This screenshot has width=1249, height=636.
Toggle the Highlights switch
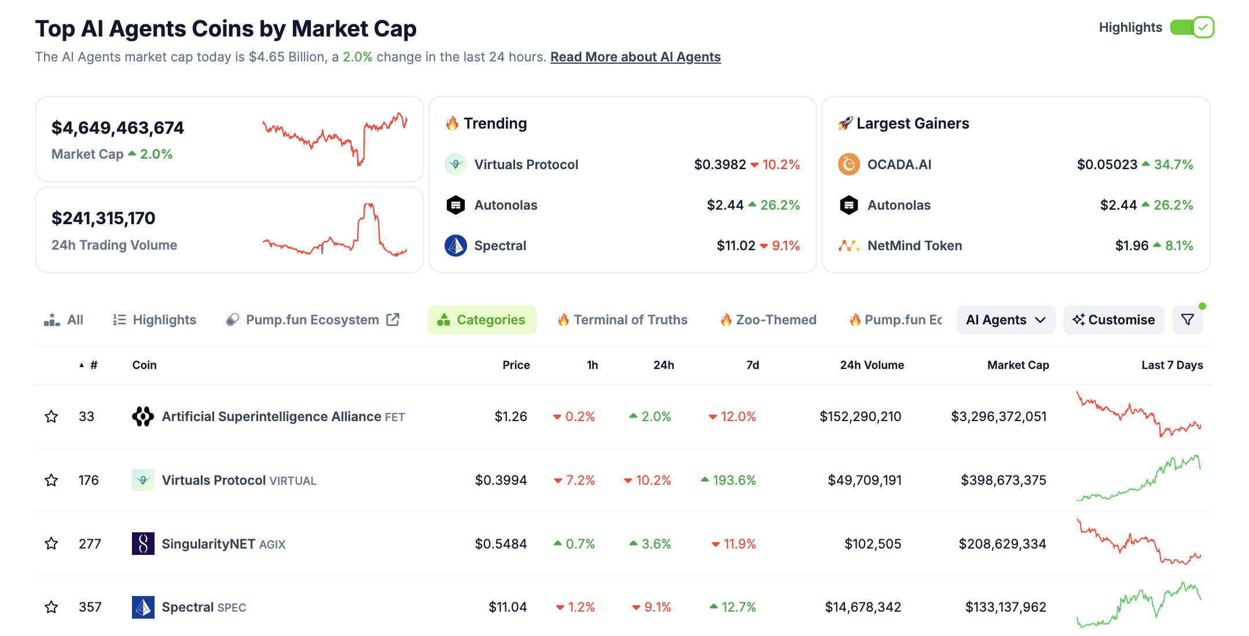[1192, 27]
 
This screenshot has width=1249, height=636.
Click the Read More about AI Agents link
[635, 57]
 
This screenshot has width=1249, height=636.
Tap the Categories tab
[482, 320]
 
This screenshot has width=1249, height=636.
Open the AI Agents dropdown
[1005, 320]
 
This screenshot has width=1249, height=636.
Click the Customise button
[1113, 320]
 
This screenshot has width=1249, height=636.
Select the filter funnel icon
[1187, 320]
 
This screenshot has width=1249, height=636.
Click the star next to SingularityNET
[52, 543]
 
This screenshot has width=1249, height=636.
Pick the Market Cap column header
[1017, 365]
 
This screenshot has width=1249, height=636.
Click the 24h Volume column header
[872, 365]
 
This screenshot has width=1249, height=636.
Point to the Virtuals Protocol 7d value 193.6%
[734, 480]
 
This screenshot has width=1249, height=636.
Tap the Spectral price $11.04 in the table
[508, 607]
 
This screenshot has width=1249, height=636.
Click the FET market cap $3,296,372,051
[998, 416]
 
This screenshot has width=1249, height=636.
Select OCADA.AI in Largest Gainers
[899, 165]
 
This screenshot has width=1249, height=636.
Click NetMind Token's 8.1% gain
[1178, 246]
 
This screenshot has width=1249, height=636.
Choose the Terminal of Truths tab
[630, 320]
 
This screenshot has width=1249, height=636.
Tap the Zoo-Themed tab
[776, 320]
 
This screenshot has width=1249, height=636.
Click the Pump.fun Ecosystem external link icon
[393, 320]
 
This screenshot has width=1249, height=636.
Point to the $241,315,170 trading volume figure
[104, 218]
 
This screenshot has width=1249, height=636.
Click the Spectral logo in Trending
[455, 246]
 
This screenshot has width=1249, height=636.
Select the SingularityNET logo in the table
[143, 543]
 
